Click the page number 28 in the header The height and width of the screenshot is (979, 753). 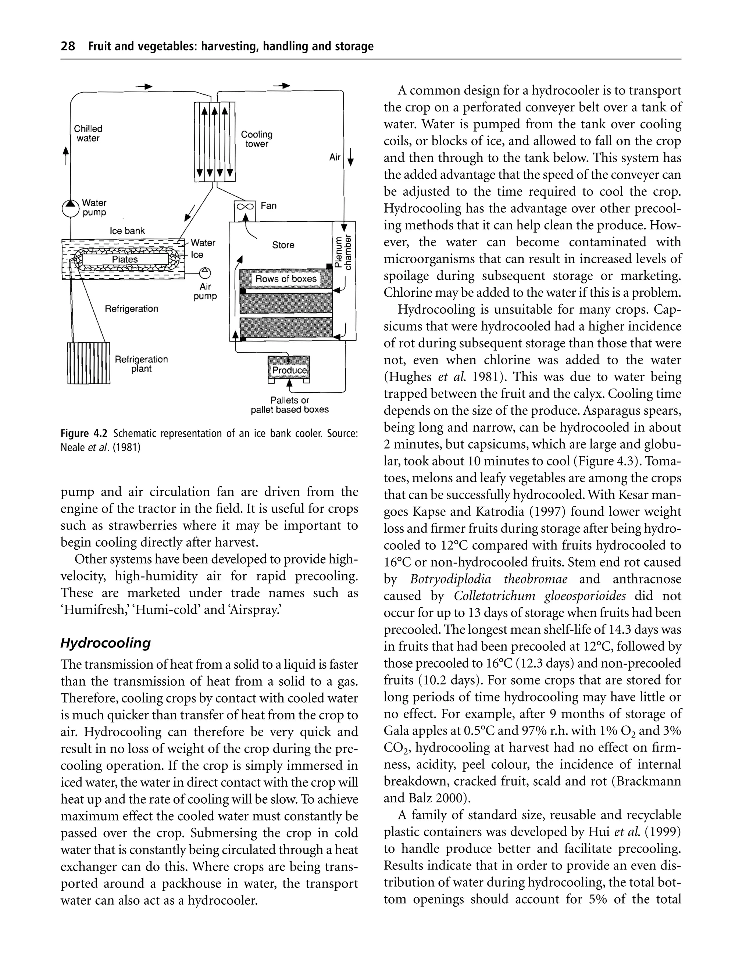pyautogui.click(x=68, y=46)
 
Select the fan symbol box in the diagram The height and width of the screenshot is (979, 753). pyautogui.click(x=245, y=207)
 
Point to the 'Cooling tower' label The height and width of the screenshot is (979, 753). pyautogui.click(x=256, y=139)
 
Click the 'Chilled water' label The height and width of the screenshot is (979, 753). pyautogui.click(x=88, y=133)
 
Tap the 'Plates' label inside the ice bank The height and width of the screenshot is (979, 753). pyautogui.click(x=125, y=260)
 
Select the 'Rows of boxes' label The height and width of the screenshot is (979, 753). pyautogui.click(x=286, y=279)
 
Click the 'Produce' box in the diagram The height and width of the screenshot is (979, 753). pyautogui.click(x=289, y=370)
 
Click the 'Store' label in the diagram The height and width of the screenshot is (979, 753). pyautogui.click(x=283, y=245)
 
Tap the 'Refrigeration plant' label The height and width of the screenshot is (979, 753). pyautogui.click(x=141, y=364)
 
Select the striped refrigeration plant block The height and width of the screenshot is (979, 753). pyautogui.click(x=88, y=363)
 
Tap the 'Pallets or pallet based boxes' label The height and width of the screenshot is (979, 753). pyautogui.click(x=290, y=405)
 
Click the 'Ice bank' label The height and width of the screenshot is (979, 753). pyautogui.click(x=127, y=231)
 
